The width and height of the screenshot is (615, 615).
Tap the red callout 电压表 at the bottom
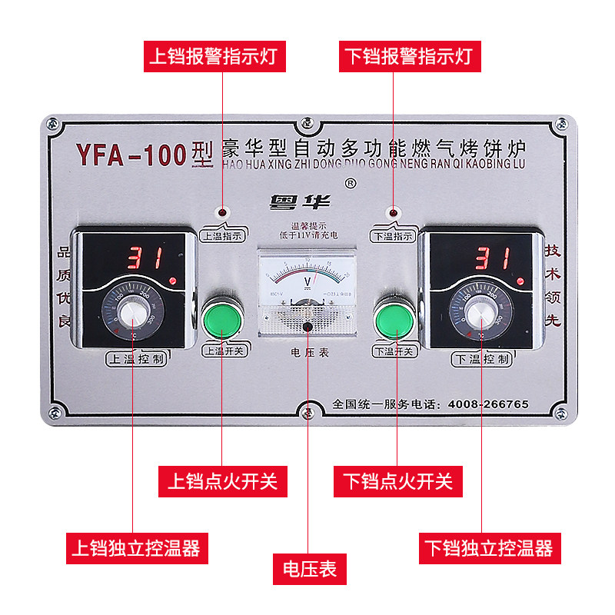point(309,570)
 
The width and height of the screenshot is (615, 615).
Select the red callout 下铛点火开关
point(398,481)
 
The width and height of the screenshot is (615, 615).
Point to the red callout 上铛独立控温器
point(135,548)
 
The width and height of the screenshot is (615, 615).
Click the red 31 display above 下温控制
point(492,257)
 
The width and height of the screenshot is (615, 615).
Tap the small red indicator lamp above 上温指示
point(223,212)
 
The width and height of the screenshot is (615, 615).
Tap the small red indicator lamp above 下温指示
point(394,212)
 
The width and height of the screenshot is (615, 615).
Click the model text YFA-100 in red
point(131,156)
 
